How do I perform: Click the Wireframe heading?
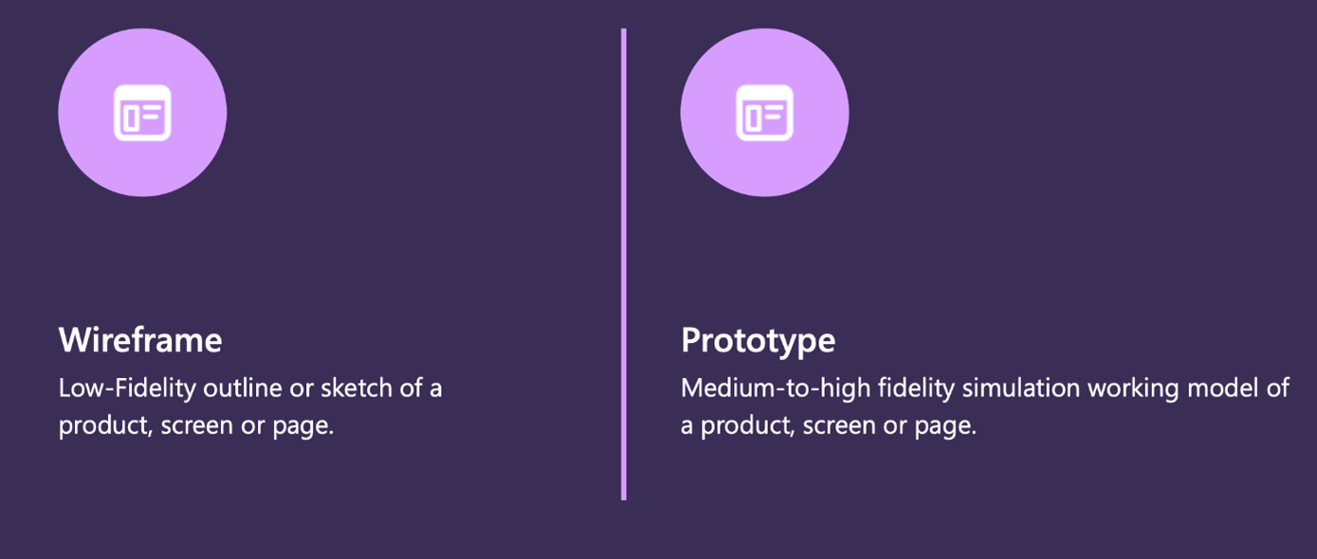(x=140, y=340)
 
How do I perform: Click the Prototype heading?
(x=758, y=340)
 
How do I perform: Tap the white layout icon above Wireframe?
(x=142, y=113)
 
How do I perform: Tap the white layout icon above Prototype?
(x=764, y=113)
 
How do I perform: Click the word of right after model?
(x=1279, y=388)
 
